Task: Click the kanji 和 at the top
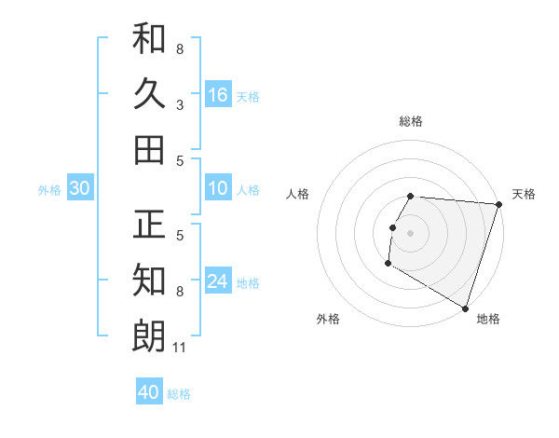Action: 149,38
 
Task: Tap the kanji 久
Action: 149,93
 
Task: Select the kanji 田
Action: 149,149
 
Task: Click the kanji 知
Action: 149,280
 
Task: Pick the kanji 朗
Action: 149,335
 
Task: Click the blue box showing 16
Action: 218,94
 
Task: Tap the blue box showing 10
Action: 218,188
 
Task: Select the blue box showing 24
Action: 218,281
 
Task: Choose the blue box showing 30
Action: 79,188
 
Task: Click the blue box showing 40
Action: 149,392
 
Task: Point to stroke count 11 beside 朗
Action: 180,349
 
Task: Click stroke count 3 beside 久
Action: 180,105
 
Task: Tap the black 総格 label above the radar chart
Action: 410,121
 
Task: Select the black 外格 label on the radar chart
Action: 328,319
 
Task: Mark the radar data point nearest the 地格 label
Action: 464,308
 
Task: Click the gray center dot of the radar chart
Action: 410,233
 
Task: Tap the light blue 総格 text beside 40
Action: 179,394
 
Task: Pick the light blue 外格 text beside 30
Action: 49,190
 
